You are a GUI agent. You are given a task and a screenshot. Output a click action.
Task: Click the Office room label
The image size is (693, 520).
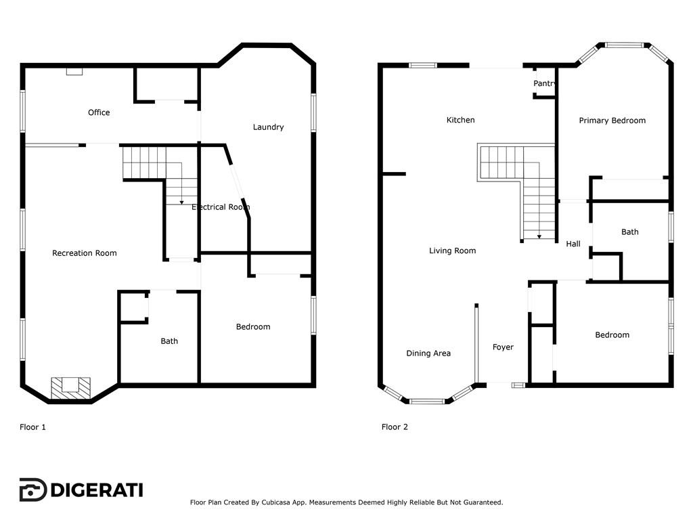(99, 112)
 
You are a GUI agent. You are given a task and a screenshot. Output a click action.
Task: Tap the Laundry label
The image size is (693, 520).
(268, 127)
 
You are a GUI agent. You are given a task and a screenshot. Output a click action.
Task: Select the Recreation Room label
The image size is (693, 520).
(85, 253)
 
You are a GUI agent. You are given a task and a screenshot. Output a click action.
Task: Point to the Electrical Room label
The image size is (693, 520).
(221, 207)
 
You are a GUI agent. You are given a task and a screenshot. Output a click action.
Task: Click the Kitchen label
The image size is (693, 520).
(460, 120)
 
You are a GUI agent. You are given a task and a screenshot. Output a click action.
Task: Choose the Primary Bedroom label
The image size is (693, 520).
(612, 121)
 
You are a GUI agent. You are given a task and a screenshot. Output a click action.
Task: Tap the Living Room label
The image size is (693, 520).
(453, 251)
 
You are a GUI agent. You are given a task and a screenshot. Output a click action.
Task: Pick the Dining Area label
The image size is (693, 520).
(428, 353)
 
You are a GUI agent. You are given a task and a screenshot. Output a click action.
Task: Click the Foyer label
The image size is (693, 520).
(503, 347)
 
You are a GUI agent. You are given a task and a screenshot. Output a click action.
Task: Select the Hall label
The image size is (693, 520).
(573, 244)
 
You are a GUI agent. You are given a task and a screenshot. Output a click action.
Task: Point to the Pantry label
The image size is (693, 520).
(544, 83)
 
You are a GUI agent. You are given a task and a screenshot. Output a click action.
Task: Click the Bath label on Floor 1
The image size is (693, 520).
(169, 341)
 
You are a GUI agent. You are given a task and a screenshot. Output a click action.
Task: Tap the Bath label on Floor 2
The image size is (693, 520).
(630, 232)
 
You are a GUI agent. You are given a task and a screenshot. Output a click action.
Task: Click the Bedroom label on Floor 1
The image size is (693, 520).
(253, 327)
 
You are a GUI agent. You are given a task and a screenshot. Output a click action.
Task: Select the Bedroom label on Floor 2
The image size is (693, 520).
(612, 334)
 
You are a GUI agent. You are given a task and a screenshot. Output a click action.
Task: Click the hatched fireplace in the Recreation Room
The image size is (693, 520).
(70, 388)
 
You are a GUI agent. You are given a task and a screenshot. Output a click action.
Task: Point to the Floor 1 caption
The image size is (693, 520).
(32, 427)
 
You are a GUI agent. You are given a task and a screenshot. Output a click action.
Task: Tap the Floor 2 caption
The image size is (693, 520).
(395, 427)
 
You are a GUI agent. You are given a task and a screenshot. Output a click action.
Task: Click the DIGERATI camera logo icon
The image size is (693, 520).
(32, 490)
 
